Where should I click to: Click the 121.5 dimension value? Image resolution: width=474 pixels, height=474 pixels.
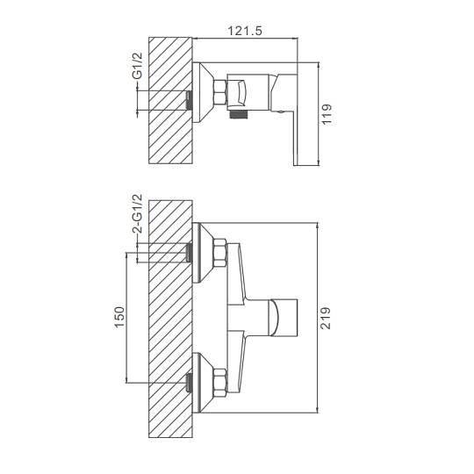pyautogui.click(x=245, y=31)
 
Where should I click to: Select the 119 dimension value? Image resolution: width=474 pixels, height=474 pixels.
pyautogui.click(x=327, y=114)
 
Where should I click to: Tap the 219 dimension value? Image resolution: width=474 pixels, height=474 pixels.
pyautogui.click(x=326, y=318)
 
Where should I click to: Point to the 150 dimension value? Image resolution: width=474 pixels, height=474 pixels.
pyautogui.click(x=119, y=317)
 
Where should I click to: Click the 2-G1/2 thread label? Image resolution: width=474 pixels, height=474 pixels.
pyautogui.click(x=137, y=213)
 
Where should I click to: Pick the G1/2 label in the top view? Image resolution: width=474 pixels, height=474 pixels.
pyautogui.click(x=137, y=66)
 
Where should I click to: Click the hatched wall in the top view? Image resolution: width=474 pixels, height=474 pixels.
pyautogui.click(x=170, y=100)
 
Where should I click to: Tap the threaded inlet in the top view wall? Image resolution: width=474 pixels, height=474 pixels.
pyautogui.click(x=190, y=100)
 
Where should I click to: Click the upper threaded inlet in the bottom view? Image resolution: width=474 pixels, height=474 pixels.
pyautogui.click(x=190, y=253)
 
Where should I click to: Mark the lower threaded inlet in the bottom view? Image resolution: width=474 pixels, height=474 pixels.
pyautogui.click(x=190, y=383)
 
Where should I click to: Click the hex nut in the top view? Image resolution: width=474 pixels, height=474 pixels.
pyautogui.click(x=219, y=93)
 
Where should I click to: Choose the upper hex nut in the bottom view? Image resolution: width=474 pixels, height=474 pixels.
pyautogui.click(x=219, y=253)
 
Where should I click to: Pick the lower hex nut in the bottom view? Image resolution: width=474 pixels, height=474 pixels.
pyautogui.click(x=219, y=383)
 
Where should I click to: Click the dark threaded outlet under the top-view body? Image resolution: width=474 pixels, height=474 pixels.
pyautogui.click(x=239, y=114)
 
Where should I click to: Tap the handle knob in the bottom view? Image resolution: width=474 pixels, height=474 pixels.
pyautogui.click(x=284, y=318)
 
